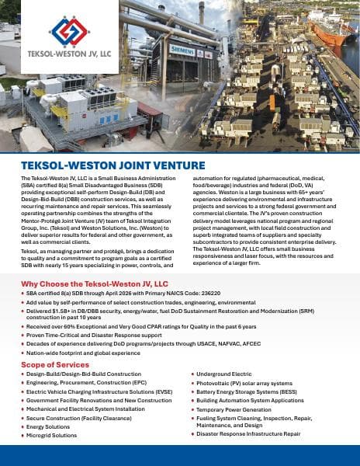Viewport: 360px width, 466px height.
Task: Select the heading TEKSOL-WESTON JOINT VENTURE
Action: (113, 166)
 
